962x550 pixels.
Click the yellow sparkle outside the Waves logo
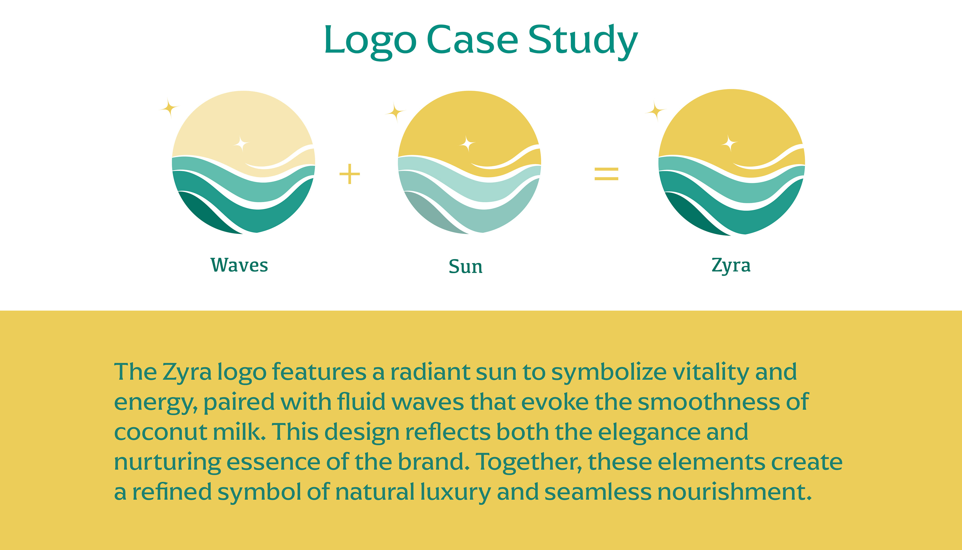(169, 108)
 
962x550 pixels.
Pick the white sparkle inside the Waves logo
(241, 144)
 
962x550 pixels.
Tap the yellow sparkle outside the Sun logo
(395, 112)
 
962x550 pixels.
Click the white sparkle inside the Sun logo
(467, 144)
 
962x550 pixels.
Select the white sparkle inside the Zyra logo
(729, 143)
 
